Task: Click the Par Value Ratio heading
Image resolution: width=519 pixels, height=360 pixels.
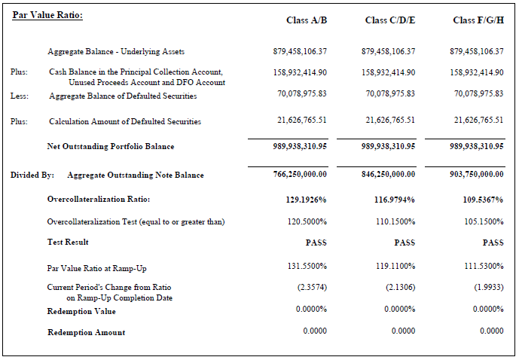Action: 47,15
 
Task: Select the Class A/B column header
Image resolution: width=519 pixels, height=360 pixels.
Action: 307,20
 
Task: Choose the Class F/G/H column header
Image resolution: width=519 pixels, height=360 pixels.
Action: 478,20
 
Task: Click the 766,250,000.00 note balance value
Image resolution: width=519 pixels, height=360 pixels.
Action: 300,175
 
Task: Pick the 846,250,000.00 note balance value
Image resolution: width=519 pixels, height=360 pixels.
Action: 389,175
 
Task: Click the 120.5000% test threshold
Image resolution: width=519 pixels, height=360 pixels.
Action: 307,221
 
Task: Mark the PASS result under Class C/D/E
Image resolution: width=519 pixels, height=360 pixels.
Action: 405,243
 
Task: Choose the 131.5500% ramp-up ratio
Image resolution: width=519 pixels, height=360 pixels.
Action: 307,267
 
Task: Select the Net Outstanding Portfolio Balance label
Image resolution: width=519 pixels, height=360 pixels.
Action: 110,146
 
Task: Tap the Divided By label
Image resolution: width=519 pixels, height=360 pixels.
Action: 32,175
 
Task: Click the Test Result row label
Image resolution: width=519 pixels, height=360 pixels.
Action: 68,243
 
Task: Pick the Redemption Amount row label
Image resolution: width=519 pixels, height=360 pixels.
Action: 86,332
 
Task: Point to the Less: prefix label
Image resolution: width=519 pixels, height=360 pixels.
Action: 20,96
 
